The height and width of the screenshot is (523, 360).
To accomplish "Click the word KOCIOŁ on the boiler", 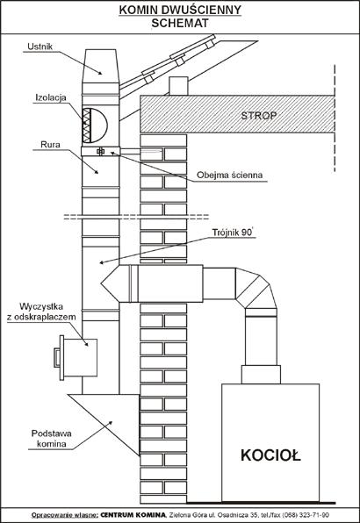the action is pyautogui.click(x=270, y=455).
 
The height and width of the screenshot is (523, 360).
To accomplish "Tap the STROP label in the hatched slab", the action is pyautogui.click(x=258, y=116).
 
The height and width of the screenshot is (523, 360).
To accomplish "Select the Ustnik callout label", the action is pyautogui.click(x=40, y=47).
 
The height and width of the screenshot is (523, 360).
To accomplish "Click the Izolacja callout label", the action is pyautogui.click(x=51, y=97).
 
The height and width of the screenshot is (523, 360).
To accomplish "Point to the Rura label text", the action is pyautogui.click(x=50, y=145).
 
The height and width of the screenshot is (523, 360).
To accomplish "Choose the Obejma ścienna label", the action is pyautogui.click(x=229, y=176).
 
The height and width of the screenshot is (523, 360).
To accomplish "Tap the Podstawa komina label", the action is pyautogui.click(x=52, y=439).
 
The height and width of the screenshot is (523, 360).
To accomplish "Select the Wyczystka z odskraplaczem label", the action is pyautogui.click(x=41, y=312).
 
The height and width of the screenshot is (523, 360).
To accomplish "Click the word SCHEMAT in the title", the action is pyautogui.click(x=180, y=23).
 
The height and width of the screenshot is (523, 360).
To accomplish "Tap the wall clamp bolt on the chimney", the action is pyautogui.click(x=100, y=152).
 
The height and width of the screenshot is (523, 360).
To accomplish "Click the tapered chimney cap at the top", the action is pyautogui.click(x=100, y=66).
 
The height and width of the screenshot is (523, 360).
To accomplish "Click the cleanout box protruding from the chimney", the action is pyautogui.click(x=77, y=357).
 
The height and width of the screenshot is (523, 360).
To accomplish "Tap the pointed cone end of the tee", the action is pyautogui.click(x=110, y=283).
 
